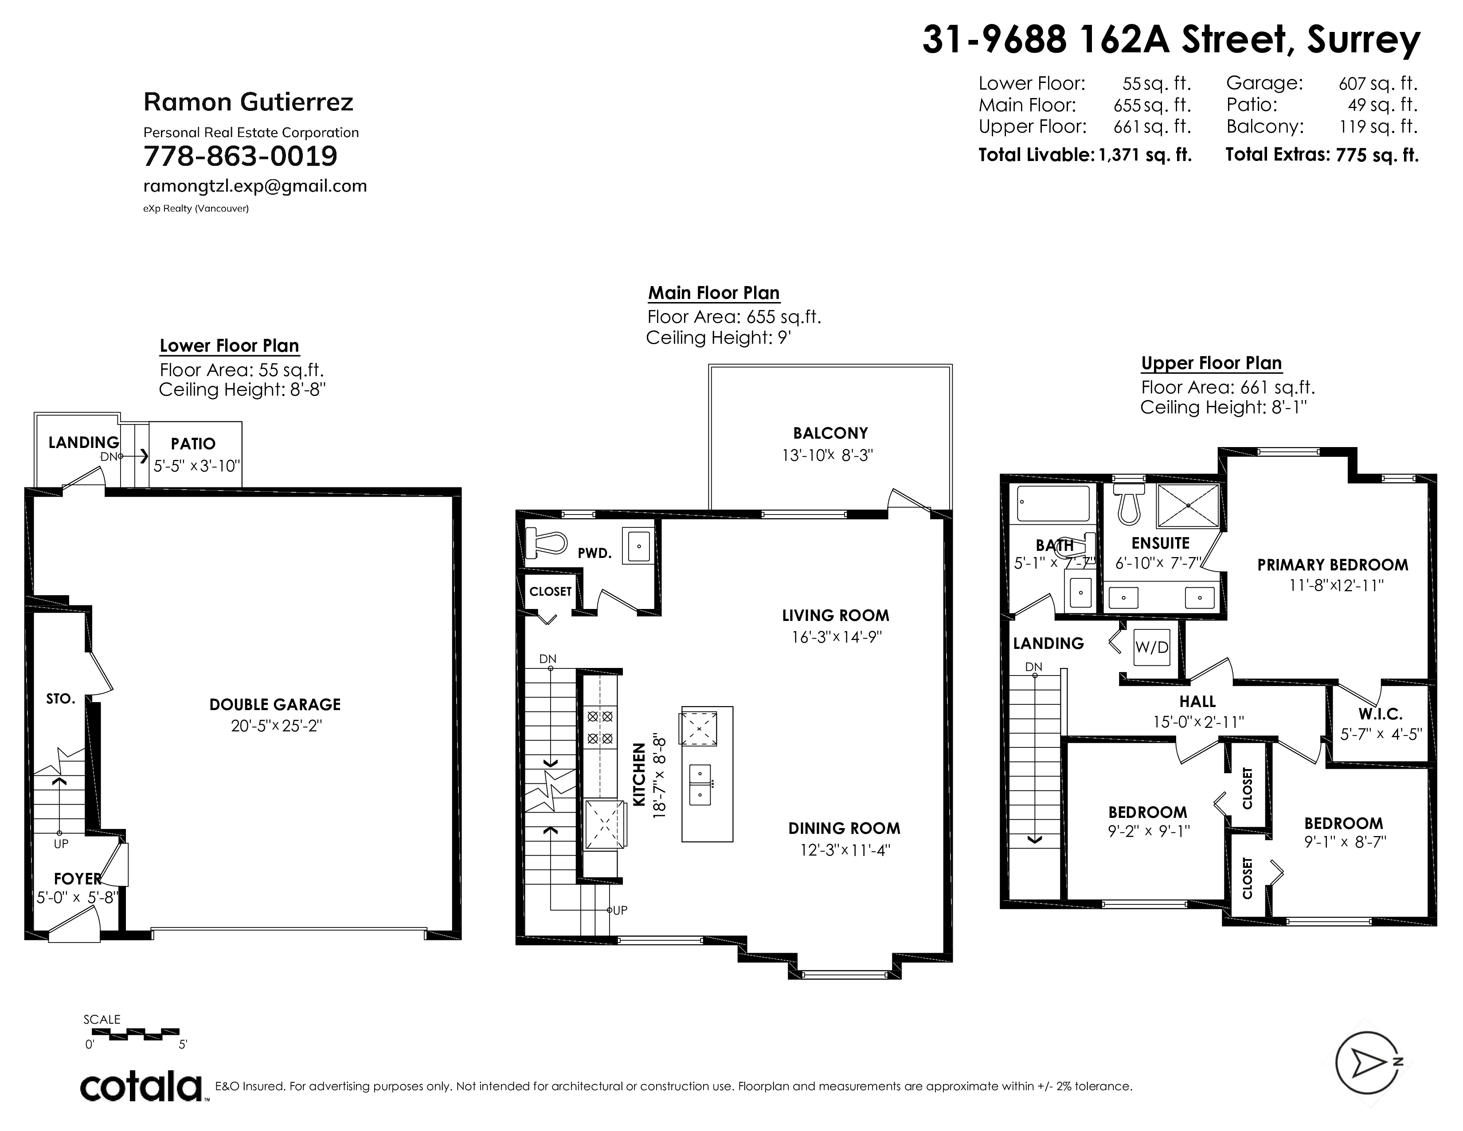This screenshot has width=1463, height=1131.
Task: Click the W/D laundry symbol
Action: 1151,647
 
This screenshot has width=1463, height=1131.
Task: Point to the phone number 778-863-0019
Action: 240,156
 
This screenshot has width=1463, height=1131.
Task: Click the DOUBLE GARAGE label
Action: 275,704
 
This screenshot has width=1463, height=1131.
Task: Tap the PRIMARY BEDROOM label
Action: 1332,565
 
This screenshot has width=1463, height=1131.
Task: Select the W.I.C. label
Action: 1380,714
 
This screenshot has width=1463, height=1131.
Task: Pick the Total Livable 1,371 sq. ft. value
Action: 1145,155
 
